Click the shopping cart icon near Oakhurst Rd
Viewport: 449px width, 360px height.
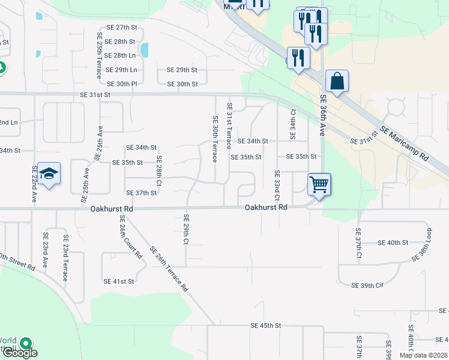click(319, 184)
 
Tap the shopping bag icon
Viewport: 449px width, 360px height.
click(337, 81)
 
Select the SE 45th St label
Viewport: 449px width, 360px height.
click(266, 326)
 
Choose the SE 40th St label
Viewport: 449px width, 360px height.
click(393, 242)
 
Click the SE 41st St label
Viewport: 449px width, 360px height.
click(119, 281)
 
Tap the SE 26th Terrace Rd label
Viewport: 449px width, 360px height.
click(169, 269)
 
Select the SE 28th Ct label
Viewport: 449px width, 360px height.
click(160, 170)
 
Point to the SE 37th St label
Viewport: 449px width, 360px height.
click(141, 193)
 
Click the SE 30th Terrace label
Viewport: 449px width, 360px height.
click(214, 139)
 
